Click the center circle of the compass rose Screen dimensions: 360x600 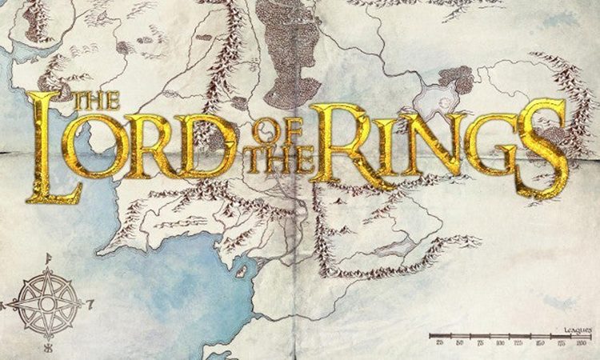point(47,304)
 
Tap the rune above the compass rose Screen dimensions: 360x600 point(49,258)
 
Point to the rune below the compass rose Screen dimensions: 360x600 point(48,350)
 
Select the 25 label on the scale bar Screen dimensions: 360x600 point(440,342)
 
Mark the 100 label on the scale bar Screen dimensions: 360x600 point(500,342)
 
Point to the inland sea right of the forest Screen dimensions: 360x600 point(436,100)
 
